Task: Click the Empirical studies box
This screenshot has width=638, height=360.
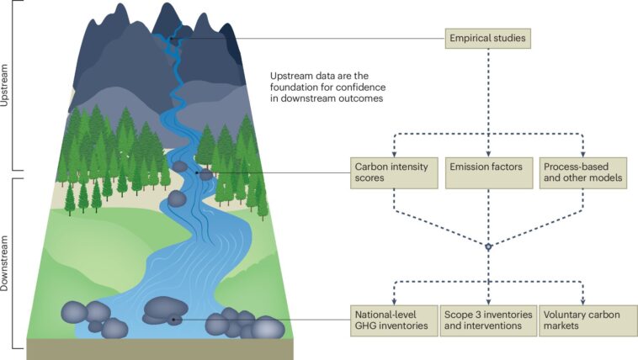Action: (489, 38)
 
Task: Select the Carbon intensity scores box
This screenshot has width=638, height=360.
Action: (393, 173)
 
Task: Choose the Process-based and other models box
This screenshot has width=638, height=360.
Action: (583, 173)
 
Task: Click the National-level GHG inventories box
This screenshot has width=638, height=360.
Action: (393, 320)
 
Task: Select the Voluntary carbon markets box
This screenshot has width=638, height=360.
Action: (583, 320)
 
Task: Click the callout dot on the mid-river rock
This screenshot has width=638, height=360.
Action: (197, 172)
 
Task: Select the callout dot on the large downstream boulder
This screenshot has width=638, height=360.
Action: (173, 320)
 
